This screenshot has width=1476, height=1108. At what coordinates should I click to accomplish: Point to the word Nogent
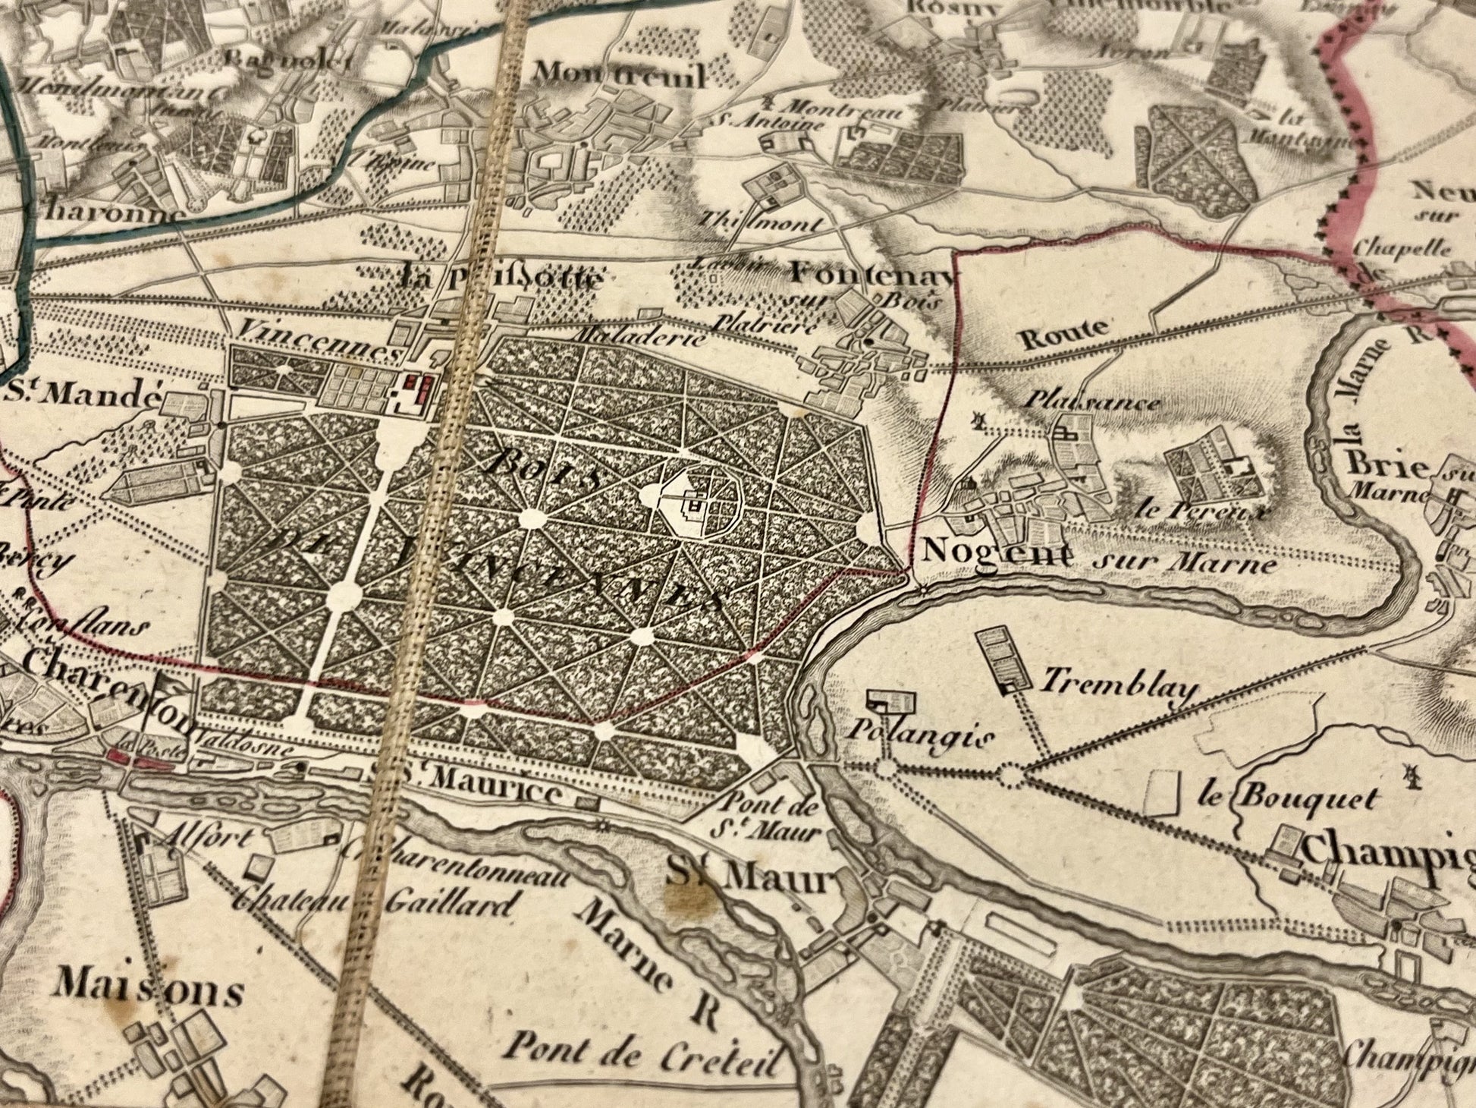point(997,552)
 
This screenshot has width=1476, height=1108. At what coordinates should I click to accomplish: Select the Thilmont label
point(761,223)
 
